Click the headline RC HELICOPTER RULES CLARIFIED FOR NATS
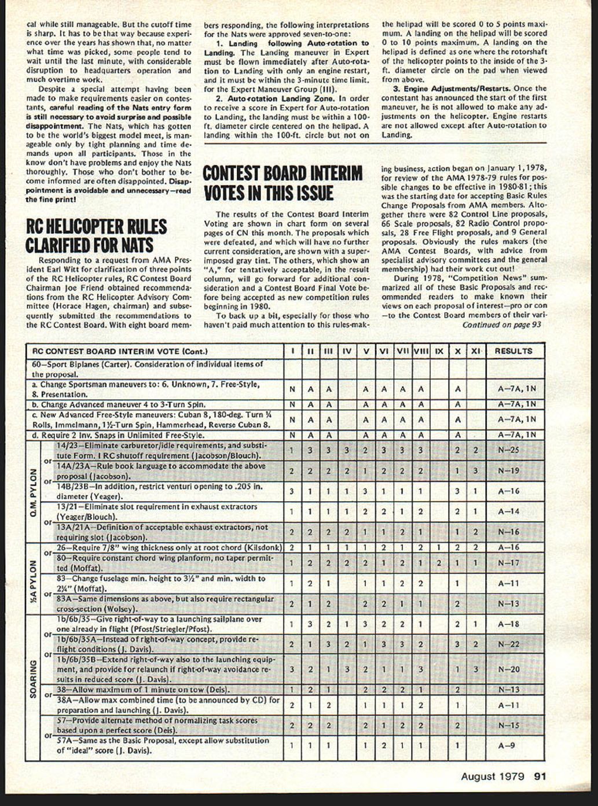pos(96,235)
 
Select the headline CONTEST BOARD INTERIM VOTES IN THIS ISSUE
pos(283,183)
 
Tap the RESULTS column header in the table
pos(513,351)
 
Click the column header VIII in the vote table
pos(421,351)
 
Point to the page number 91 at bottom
pos(540,776)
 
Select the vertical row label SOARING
pos(33,679)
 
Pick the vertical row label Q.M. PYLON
pos(33,492)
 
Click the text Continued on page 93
pos(501,325)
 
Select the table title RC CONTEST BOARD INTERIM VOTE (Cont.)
pos(120,351)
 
